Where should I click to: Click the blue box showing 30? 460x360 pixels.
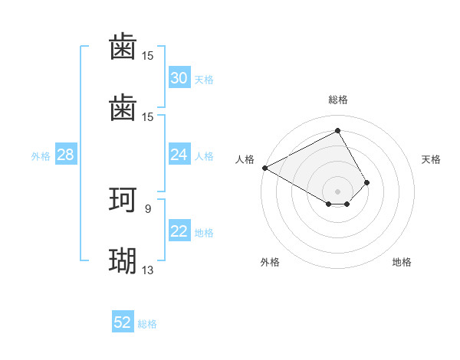[x=179, y=78]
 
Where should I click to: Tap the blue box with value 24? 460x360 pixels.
[x=179, y=155]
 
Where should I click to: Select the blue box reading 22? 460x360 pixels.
[x=179, y=231]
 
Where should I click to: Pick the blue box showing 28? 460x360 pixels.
[x=65, y=155]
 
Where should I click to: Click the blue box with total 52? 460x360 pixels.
[x=123, y=322]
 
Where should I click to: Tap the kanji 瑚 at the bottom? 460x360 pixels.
[x=123, y=260]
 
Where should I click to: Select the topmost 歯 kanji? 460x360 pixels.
[x=123, y=47]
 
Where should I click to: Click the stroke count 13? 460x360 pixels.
[x=148, y=270]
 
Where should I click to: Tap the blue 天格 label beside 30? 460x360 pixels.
[x=204, y=79]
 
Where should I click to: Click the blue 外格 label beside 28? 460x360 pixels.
[x=41, y=155]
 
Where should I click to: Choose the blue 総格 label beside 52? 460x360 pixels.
[x=147, y=323]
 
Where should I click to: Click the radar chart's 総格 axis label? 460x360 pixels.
[x=338, y=100]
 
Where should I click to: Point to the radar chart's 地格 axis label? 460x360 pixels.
[x=402, y=262]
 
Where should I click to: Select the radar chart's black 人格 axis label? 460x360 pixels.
[x=245, y=159]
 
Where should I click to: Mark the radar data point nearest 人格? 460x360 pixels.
[x=264, y=167]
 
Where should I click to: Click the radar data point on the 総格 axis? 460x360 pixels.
[x=338, y=131]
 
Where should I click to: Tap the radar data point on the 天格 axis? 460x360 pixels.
[x=367, y=182]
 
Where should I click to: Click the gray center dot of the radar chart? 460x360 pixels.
[x=338, y=191]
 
